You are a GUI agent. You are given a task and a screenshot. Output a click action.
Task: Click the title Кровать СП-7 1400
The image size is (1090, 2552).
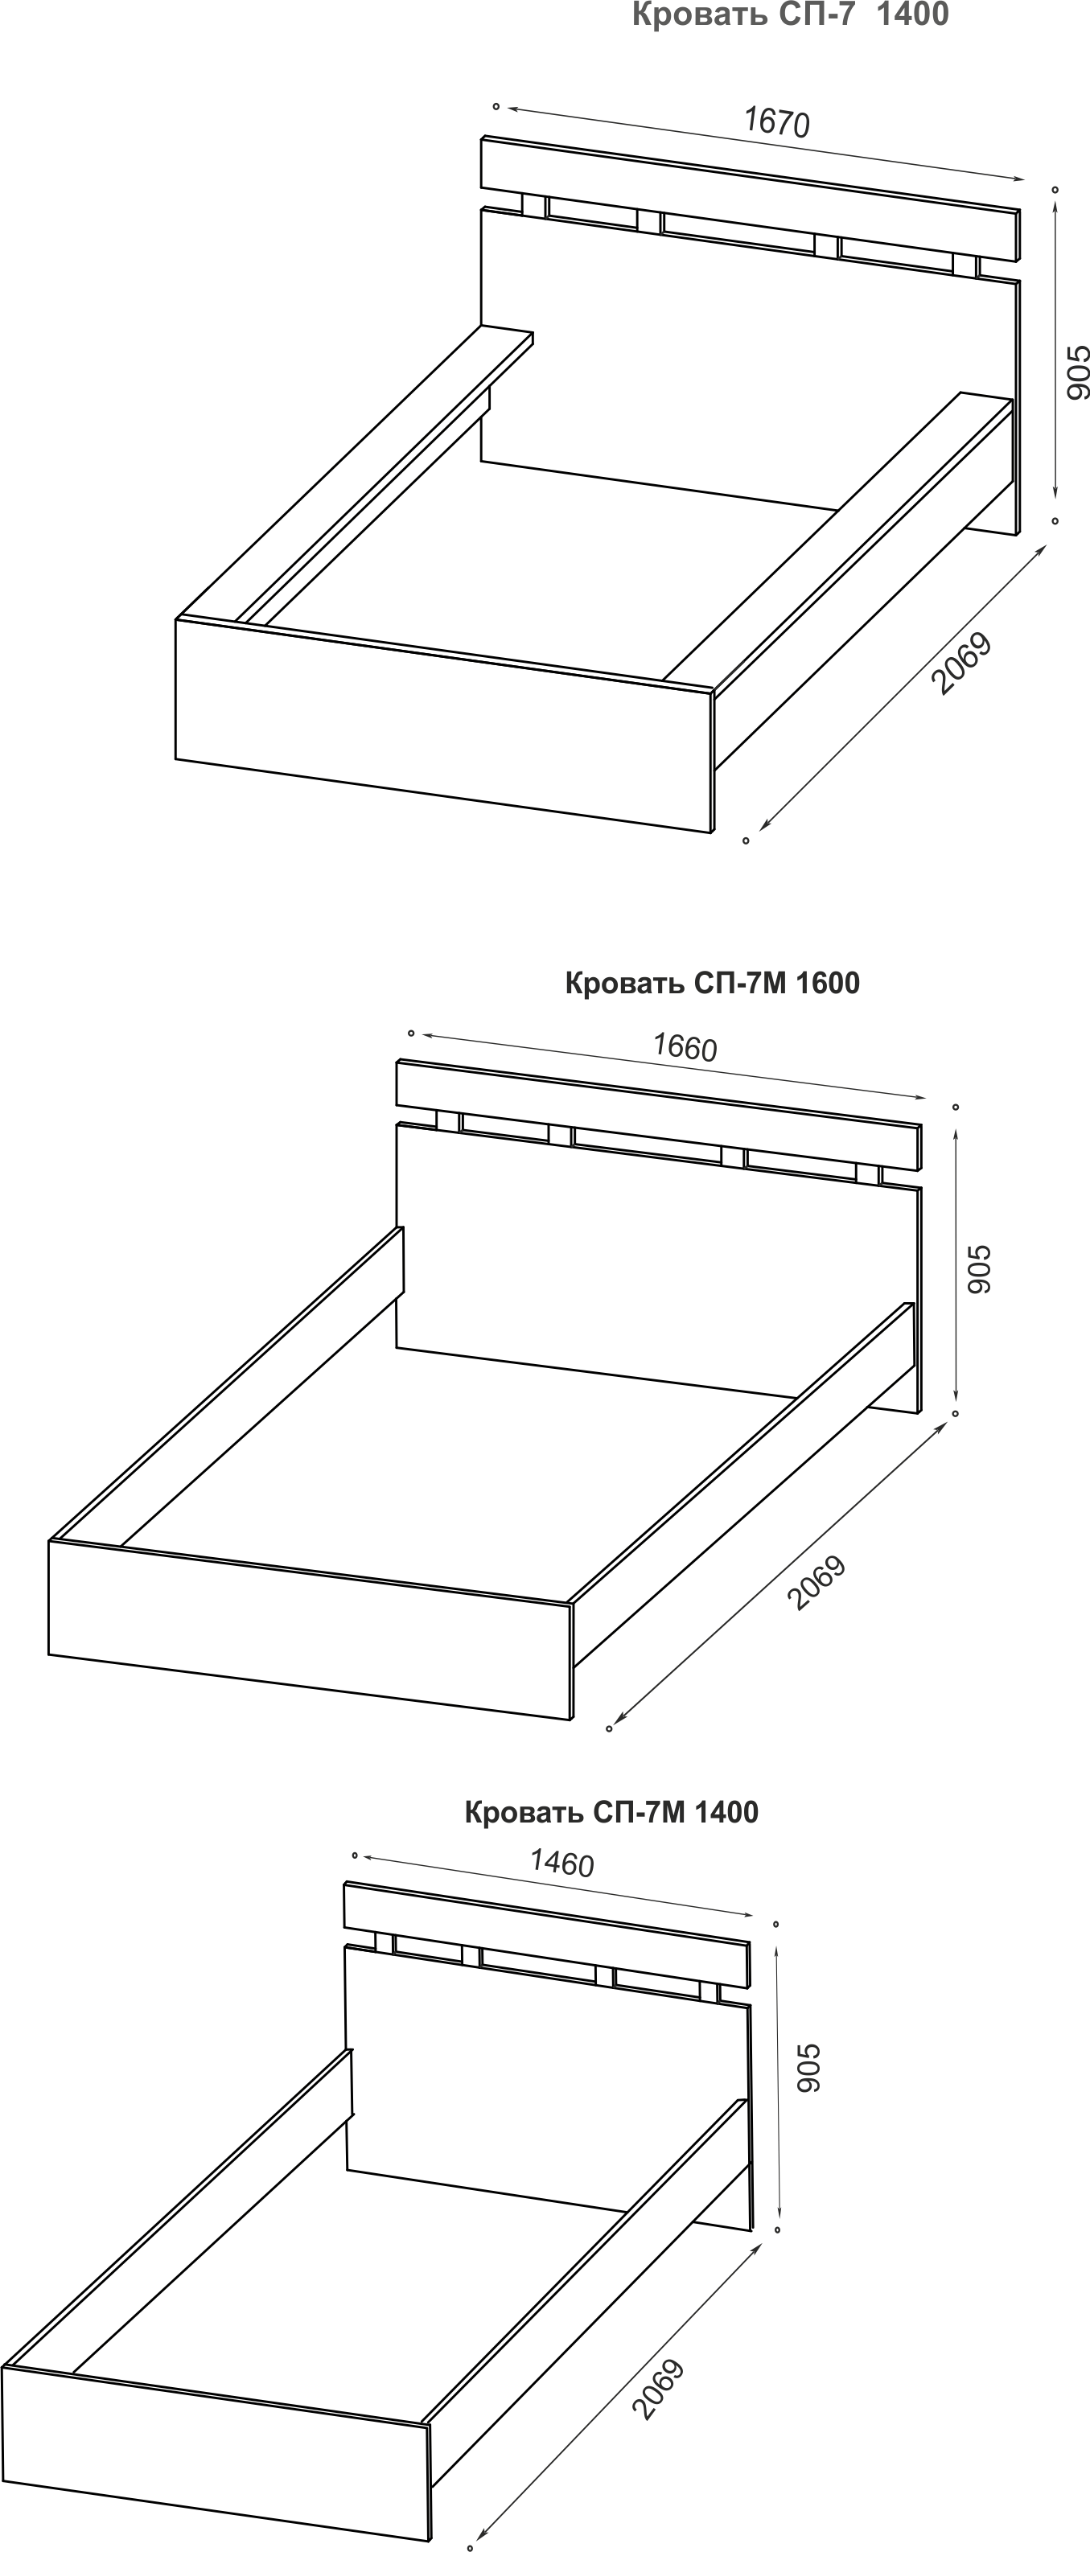pyautogui.click(x=790, y=14)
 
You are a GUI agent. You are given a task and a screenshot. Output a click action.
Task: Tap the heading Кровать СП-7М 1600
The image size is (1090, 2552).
pyautogui.click(x=713, y=983)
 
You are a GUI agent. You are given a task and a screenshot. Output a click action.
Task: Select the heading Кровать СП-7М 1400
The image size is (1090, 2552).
pyautogui.click(x=611, y=1812)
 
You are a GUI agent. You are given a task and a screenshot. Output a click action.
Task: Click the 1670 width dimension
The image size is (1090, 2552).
pyautogui.click(x=777, y=122)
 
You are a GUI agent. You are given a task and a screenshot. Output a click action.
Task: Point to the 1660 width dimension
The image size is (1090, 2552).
pyautogui.click(x=685, y=1047)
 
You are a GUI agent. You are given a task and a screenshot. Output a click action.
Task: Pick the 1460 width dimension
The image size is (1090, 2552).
pyautogui.click(x=561, y=1863)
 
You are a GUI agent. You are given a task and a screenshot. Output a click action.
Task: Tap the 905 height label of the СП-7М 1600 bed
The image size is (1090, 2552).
pyautogui.click(x=978, y=1269)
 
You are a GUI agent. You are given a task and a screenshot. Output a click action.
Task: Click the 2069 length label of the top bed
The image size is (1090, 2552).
pyautogui.click(x=961, y=663)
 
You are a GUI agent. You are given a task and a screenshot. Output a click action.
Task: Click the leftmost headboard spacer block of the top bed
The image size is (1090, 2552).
pyautogui.click(x=535, y=207)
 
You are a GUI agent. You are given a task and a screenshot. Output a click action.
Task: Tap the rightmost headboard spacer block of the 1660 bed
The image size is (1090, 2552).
pyautogui.click(x=868, y=1175)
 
